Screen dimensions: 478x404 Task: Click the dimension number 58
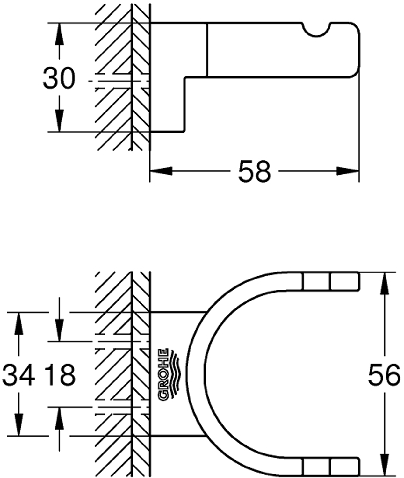(254, 171)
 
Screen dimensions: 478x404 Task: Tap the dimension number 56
(384, 375)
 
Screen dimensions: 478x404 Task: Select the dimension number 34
(18, 375)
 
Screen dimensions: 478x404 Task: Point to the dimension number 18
(60, 375)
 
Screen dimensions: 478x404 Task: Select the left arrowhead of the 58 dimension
(161, 171)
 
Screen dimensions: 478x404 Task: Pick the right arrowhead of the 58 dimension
(348, 171)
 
